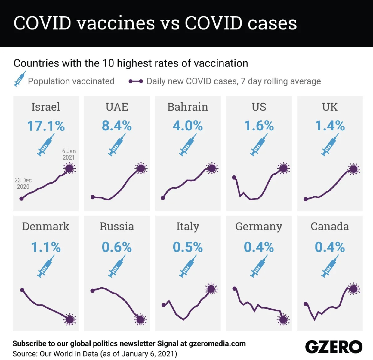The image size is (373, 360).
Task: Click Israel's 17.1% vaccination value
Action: [x=46, y=126]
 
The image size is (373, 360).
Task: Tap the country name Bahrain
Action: [x=188, y=107]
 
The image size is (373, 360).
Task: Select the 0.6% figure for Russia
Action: [x=117, y=247]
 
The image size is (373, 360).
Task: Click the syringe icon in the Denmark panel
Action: [x=46, y=266]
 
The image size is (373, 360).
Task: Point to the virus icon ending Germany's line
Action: [x=283, y=319]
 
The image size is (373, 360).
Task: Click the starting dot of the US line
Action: [x=234, y=177]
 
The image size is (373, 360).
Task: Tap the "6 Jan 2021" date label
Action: [x=69, y=154]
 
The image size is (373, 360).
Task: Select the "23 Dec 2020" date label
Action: [x=23, y=183]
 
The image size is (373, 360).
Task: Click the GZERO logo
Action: [x=334, y=347]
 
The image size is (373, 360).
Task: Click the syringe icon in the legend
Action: [x=20, y=79]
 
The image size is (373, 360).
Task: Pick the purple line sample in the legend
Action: [x=136, y=81]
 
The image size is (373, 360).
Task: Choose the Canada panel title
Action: [x=330, y=227]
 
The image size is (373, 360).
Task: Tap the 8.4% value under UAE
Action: [x=117, y=126]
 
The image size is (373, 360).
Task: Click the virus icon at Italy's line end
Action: [x=211, y=289]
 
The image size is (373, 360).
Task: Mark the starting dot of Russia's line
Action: [x=92, y=291]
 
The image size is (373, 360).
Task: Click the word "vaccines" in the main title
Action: [x=116, y=23]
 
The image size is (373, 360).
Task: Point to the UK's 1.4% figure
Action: [x=330, y=126]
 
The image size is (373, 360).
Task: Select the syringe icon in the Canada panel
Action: [x=330, y=266]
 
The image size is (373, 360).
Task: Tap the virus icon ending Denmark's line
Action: [x=70, y=319]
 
